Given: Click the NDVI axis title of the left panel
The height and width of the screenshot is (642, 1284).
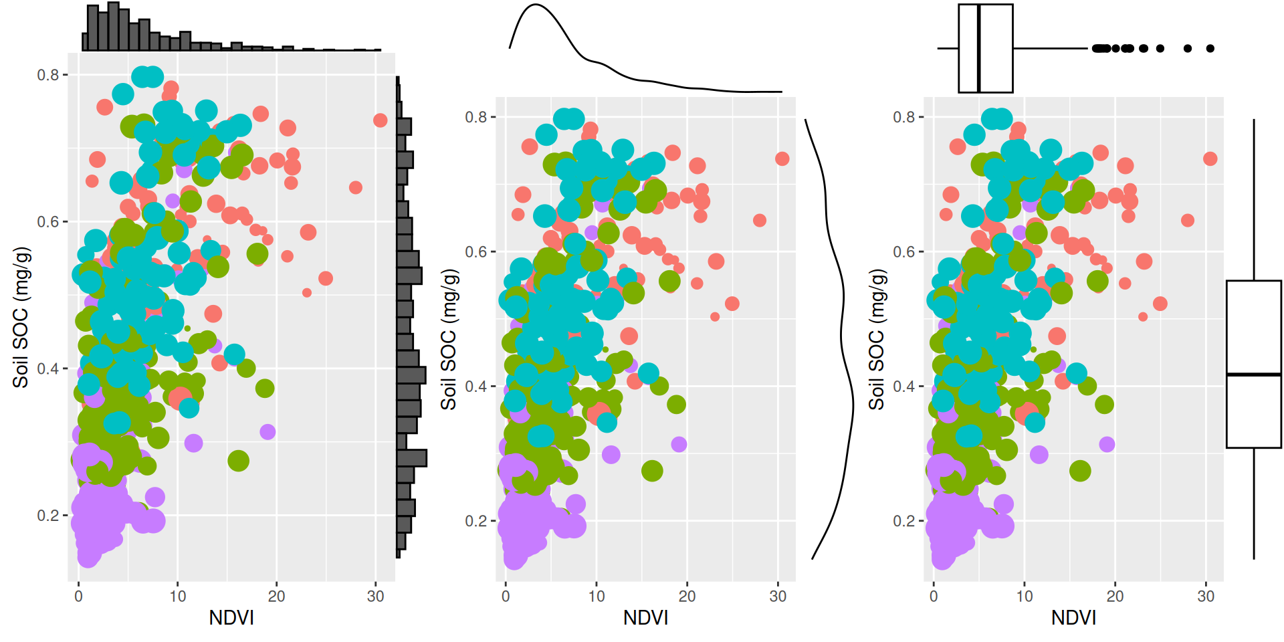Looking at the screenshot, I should point(231,617).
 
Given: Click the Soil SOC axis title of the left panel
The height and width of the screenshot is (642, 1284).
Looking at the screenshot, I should point(21,317).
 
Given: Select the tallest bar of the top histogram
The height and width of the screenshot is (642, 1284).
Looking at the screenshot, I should point(113,26).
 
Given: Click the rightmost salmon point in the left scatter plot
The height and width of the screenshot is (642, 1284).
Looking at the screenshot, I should point(380,120).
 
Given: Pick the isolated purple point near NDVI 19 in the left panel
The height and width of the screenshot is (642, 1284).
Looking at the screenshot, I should point(267,432).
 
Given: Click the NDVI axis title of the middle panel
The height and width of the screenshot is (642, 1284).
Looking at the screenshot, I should point(645,617).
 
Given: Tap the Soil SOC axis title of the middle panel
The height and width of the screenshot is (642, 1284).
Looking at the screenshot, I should point(449,340).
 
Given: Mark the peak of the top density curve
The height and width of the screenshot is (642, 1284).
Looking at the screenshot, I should point(536,5).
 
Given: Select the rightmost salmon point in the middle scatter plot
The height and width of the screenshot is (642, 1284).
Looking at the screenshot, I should point(782,158).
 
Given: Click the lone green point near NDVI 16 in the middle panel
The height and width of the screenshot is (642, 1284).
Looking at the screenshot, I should point(652,471).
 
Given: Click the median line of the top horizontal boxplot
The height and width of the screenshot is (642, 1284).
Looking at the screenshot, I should point(979,48).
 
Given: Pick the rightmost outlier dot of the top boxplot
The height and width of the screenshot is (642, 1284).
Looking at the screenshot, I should point(1210,48).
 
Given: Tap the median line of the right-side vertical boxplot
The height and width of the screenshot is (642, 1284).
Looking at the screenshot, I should point(1253,374).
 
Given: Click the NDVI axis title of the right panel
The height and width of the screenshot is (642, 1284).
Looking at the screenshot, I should point(1073,617).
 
